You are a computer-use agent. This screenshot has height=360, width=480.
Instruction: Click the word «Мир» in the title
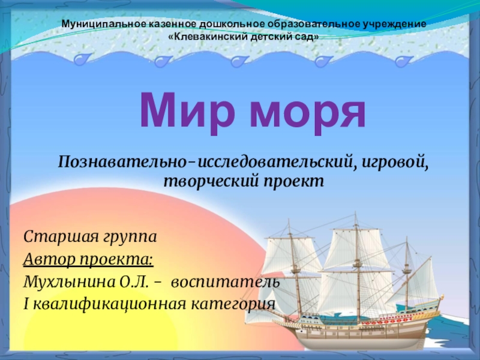click(x=187, y=111)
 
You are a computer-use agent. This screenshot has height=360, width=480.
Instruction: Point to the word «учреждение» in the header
click(x=395, y=24)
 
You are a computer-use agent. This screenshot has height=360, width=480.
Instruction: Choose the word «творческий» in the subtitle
click(x=209, y=182)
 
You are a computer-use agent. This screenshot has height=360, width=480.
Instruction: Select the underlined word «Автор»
click(x=49, y=259)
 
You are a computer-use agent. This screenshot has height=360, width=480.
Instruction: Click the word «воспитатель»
click(x=226, y=282)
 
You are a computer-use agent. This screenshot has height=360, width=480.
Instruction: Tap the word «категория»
click(x=233, y=305)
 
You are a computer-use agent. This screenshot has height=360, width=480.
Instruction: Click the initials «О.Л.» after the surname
click(x=134, y=282)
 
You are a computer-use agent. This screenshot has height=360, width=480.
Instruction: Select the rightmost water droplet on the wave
click(x=403, y=61)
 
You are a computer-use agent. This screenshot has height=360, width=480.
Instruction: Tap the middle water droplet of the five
click(x=239, y=61)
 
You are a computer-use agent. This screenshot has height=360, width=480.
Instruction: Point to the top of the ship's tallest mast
click(x=355, y=212)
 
